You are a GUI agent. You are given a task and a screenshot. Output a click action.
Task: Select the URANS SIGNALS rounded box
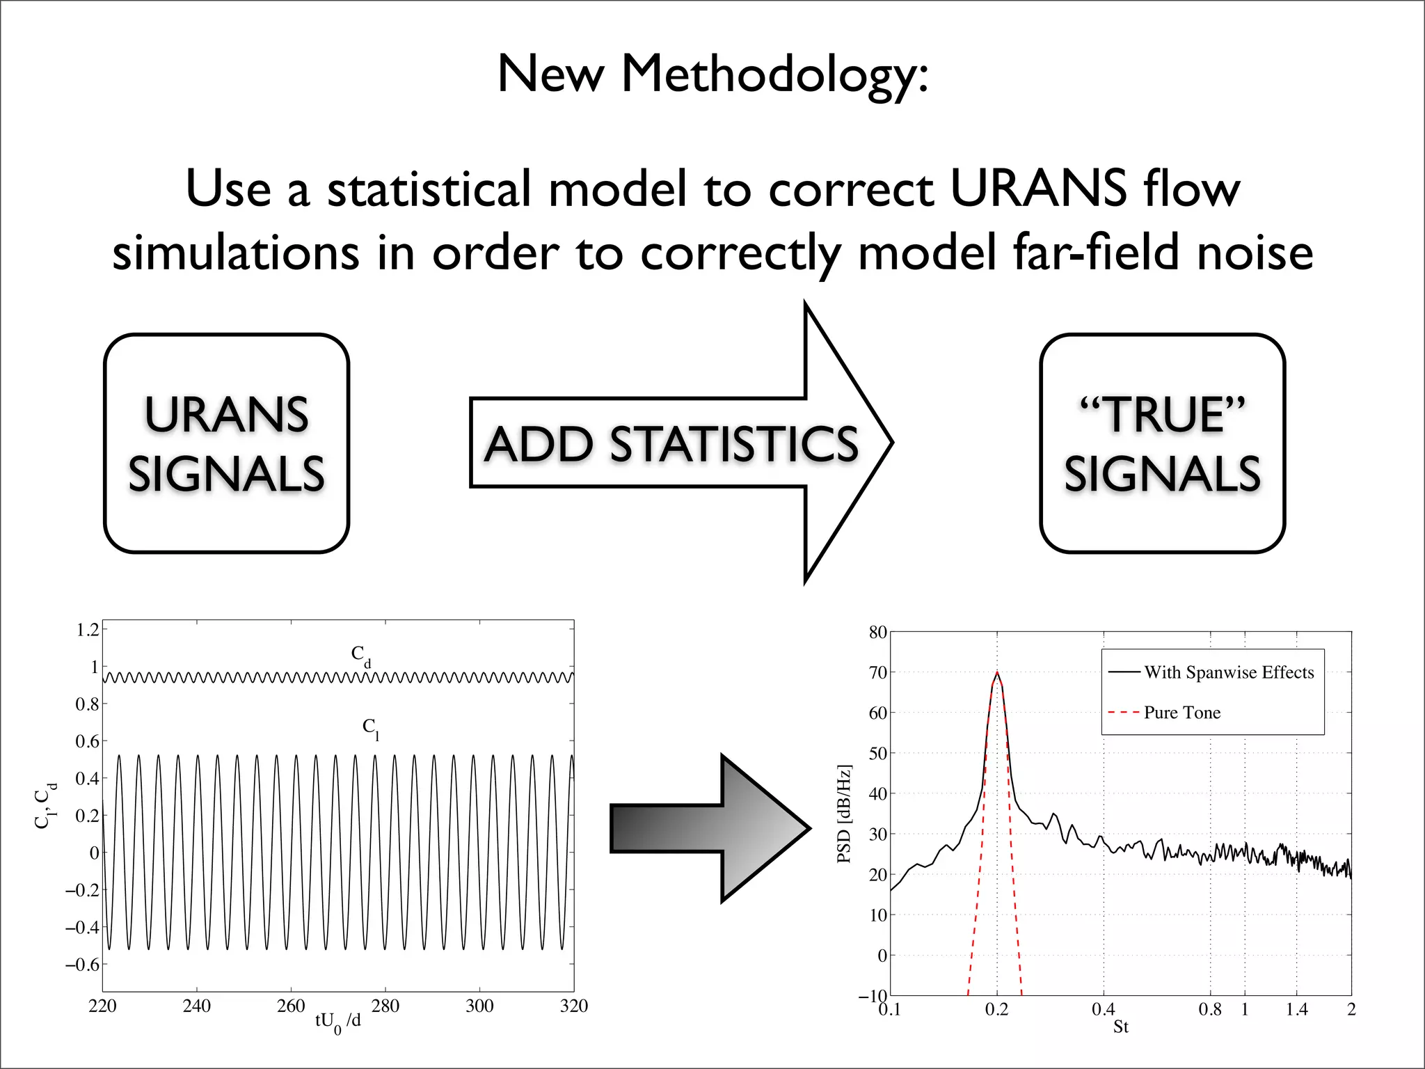(x=226, y=443)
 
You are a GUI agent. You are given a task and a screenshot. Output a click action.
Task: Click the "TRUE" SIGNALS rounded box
(x=1162, y=443)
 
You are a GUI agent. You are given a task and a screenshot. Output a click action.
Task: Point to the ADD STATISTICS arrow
(x=671, y=443)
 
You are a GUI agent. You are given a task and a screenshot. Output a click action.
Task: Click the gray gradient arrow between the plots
(x=710, y=828)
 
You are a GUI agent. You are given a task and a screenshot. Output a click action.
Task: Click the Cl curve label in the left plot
(x=370, y=728)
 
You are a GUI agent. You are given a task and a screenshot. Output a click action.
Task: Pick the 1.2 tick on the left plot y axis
(x=88, y=630)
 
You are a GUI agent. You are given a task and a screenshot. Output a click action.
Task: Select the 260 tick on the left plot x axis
(x=291, y=1006)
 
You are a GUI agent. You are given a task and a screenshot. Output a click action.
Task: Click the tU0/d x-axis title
(x=337, y=1022)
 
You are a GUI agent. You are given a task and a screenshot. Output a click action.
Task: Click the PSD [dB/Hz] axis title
(x=844, y=814)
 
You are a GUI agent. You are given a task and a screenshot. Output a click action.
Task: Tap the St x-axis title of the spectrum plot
(x=1120, y=1027)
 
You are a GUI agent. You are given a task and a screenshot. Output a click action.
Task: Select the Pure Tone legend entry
(x=1181, y=713)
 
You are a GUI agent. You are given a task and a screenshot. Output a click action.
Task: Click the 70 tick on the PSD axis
(x=878, y=672)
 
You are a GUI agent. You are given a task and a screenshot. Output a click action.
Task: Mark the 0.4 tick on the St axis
(x=1103, y=1009)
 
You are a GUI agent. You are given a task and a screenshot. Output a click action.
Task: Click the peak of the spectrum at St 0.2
(x=996, y=673)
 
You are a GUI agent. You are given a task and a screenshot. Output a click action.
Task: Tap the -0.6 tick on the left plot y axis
(x=83, y=965)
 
